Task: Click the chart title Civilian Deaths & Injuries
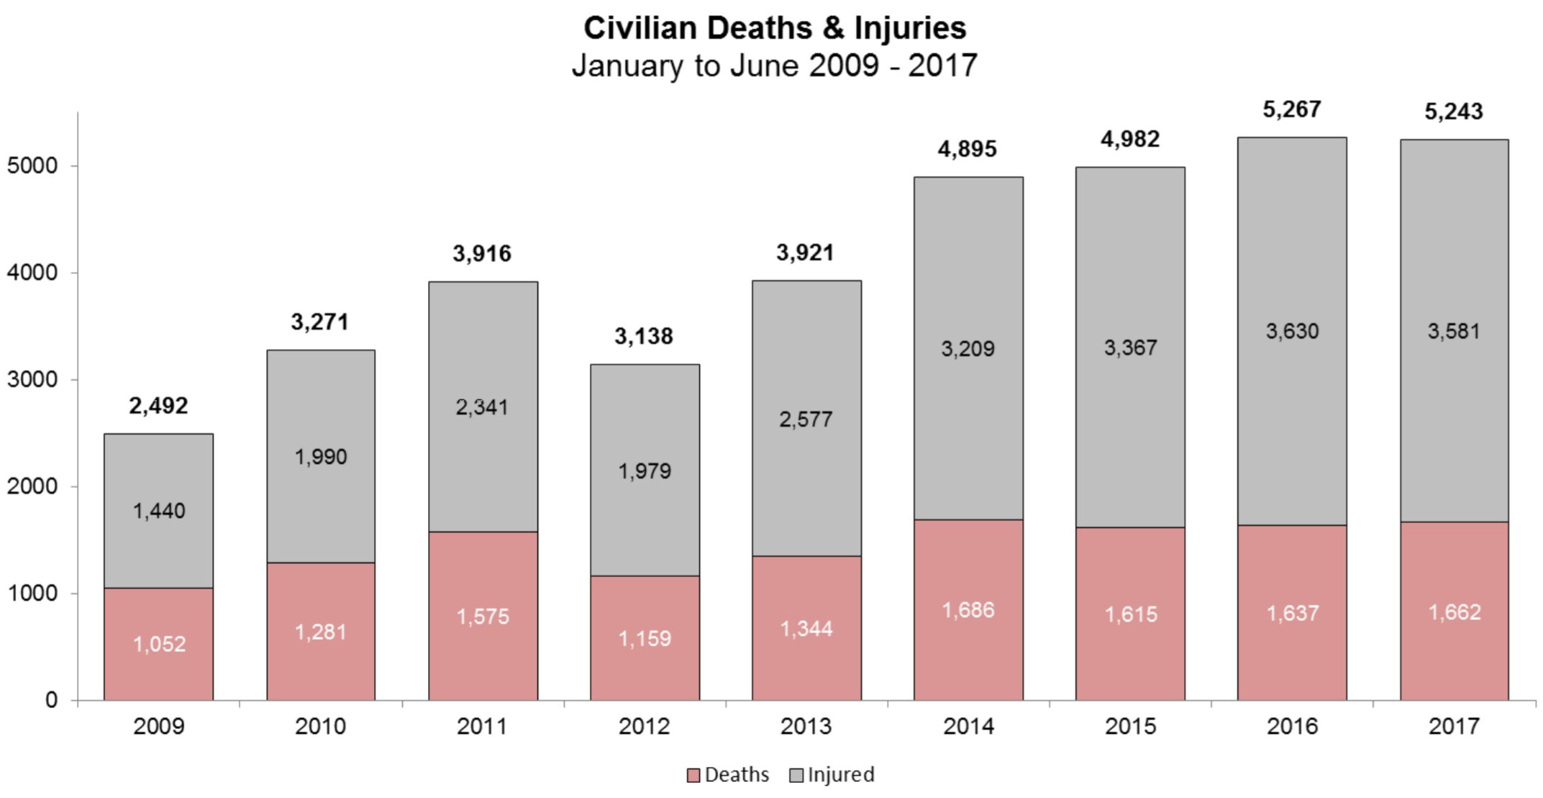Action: pos(774,28)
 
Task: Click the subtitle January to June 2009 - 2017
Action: pos(774,65)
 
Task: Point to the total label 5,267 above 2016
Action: pos(1292,109)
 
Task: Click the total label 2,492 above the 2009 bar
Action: pos(158,406)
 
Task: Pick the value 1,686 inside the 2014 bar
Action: pos(968,610)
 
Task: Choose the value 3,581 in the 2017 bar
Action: pos(1454,331)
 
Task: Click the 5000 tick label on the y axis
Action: pos(32,166)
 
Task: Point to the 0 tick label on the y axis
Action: pos(51,699)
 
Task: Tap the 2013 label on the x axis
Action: pos(806,726)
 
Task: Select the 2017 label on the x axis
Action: pos(1454,726)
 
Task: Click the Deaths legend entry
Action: pos(728,775)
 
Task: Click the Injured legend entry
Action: pos(832,775)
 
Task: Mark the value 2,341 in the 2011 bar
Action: pos(482,407)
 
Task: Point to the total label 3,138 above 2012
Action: pos(644,336)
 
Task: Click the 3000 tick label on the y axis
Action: pos(32,379)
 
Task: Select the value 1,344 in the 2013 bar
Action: pos(806,629)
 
